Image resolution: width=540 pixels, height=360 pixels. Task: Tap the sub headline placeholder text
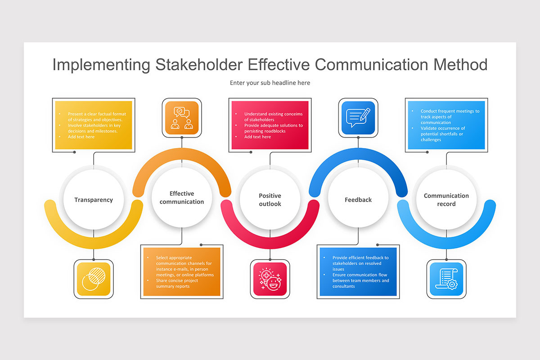[x=270, y=83]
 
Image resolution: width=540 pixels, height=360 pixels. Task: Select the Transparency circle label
[x=94, y=200]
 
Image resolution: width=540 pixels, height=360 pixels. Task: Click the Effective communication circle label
[x=182, y=198]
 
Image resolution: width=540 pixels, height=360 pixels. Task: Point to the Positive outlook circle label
[x=270, y=200]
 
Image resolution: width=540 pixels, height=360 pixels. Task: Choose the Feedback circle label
[x=358, y=200]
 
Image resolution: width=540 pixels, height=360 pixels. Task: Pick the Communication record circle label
[x=446, y=200]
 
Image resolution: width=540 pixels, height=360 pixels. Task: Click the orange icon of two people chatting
[x=182, y=118]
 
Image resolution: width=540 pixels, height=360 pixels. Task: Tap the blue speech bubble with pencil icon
[x=358, y=118]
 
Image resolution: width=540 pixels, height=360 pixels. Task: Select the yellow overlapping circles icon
[x=94, y=279]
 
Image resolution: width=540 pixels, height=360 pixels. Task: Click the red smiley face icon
[x=270, y=279]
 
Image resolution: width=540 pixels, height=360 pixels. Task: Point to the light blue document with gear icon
[x=446, y=279]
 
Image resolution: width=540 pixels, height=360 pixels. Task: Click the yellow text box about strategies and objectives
[x=94, y=125]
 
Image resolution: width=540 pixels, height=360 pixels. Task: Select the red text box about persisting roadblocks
[x=270, y=125]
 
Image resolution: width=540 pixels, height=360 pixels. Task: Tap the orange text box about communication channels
[x=182, y=272]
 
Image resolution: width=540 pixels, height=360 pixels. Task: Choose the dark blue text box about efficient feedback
[x=358, y=272]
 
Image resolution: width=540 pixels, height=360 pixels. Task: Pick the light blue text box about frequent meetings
[x=446, y=125]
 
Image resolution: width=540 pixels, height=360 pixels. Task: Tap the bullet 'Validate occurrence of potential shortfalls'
[x=443, y=134]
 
